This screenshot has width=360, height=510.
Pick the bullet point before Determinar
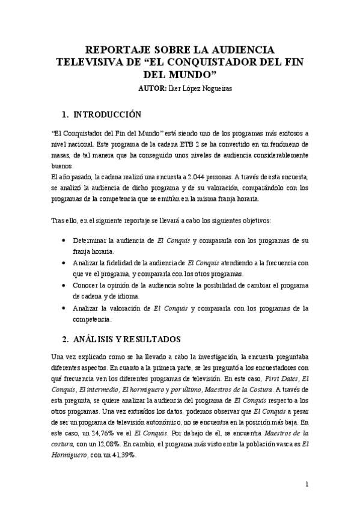click(x=65, y=240)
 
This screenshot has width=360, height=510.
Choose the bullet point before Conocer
click(x=65, y=286)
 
